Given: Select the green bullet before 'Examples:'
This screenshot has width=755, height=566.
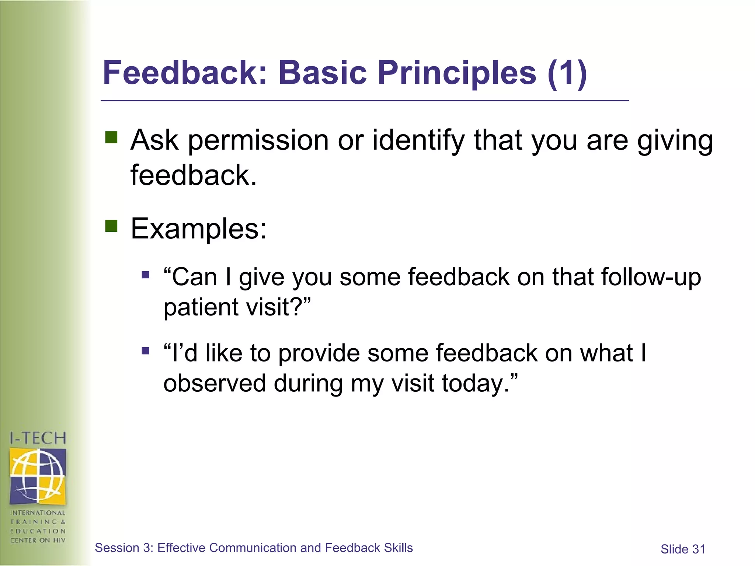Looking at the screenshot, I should (111, 226).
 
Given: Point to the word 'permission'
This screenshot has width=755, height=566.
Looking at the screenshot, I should (258, 141).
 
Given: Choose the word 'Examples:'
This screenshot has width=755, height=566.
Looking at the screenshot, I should (198, 229).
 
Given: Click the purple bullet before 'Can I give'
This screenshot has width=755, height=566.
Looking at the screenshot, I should (146, 275).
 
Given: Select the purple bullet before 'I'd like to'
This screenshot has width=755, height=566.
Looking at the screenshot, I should (146, 350).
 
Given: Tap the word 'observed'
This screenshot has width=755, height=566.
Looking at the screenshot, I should (215, 383).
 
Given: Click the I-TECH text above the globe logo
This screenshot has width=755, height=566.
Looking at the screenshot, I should (38, 439).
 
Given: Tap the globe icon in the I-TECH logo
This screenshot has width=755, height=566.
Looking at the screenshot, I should (38, 476).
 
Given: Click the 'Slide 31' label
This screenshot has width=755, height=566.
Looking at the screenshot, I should (683, 549).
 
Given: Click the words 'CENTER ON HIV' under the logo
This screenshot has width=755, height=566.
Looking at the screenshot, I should (38, 541).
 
